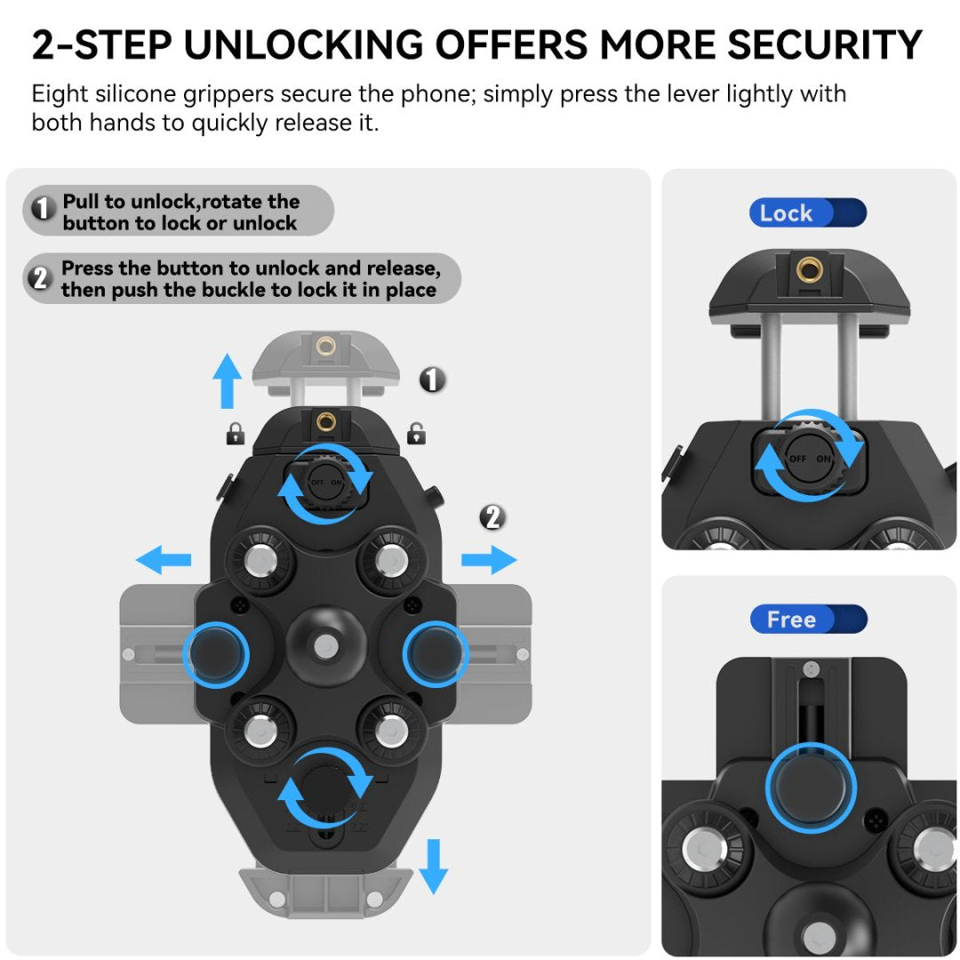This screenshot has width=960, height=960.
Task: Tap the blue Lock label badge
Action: click(x=807, y=213)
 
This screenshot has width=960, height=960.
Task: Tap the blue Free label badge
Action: click(x=807, y=620)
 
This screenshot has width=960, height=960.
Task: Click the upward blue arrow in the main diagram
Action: click(x=228, y=380)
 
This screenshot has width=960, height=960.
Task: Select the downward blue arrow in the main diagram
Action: click(x=434, y=865)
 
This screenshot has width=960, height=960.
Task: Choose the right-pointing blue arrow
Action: click(x=489, y=560)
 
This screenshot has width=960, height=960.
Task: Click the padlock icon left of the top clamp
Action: click(x=234, y=434)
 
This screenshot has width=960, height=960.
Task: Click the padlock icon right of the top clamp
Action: click(x=415, y=434)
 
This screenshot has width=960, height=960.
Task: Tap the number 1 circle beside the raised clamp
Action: click(x=432, y=380)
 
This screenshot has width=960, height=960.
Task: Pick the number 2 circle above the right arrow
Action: click(x=493, y=516)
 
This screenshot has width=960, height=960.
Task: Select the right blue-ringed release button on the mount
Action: click(x=435, y=654)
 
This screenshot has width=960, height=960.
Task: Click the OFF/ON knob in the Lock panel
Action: click(x=809, y=457)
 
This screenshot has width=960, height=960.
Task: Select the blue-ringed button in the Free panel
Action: click(x=811, y=788)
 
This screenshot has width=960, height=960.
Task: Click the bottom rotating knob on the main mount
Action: click(x=324, y=788)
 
